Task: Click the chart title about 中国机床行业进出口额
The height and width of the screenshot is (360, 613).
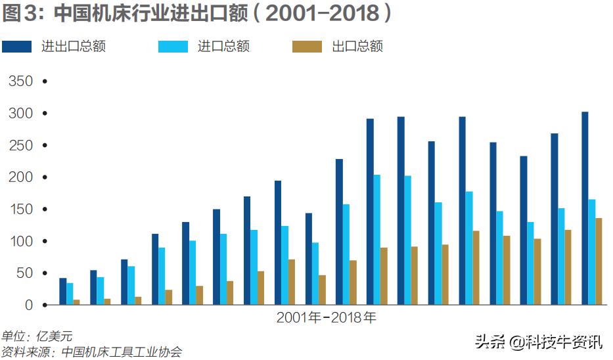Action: pos(197,14)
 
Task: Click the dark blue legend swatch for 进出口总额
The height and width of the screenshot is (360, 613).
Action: pos(17,46)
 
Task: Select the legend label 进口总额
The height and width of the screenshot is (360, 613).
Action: pos(223,46)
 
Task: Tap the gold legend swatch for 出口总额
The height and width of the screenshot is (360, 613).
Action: pos(307,46)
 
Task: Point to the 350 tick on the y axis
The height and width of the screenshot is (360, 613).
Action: pos(20,81)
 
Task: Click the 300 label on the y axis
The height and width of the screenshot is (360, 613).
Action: pos(20,114)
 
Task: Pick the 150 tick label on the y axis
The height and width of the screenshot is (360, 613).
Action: pos(20,210)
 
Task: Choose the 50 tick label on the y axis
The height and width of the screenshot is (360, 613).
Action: pos(23,273)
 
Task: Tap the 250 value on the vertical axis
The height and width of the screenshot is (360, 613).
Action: pos(20,145)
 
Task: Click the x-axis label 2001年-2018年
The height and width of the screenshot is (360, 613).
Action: pos(326,317)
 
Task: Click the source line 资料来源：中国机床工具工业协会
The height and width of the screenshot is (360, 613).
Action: pos(91,351)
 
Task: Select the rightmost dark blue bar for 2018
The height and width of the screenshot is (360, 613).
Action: pos(585,208)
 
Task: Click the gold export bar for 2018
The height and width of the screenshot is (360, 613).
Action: pos(599,261)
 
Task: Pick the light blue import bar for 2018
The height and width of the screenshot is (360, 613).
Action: pos(591,252)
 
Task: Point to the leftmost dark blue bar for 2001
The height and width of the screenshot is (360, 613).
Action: pos(62,292)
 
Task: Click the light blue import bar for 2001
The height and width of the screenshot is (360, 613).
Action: pos(70,294)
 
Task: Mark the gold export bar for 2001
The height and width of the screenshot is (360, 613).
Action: pos(76,302)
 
